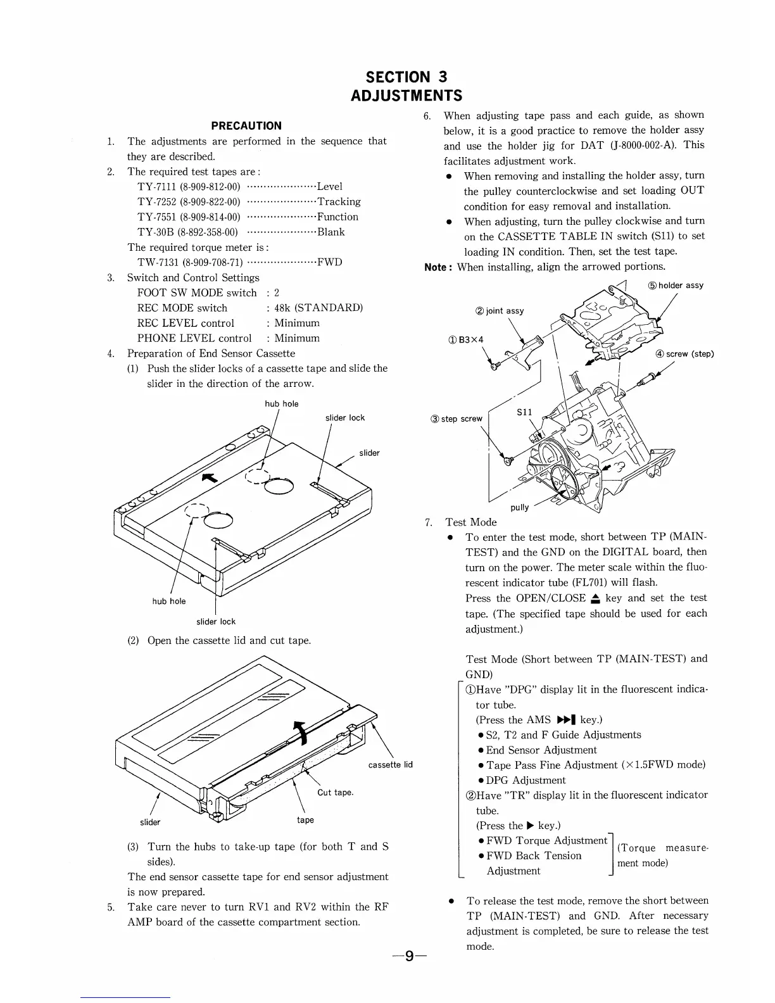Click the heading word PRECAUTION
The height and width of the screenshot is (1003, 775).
pos(246,125)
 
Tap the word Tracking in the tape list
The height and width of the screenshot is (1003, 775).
pos(339,201)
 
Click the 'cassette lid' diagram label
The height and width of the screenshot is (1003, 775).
pos(390,764)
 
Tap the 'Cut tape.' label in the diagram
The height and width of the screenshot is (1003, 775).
pos(335,792)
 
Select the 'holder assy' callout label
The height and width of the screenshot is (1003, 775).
pos(681,286)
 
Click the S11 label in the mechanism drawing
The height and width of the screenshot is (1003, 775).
pos(525,412)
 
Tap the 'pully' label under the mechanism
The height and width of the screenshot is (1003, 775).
pos(519,507)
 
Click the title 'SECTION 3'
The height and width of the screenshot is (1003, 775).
pos(406,77)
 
